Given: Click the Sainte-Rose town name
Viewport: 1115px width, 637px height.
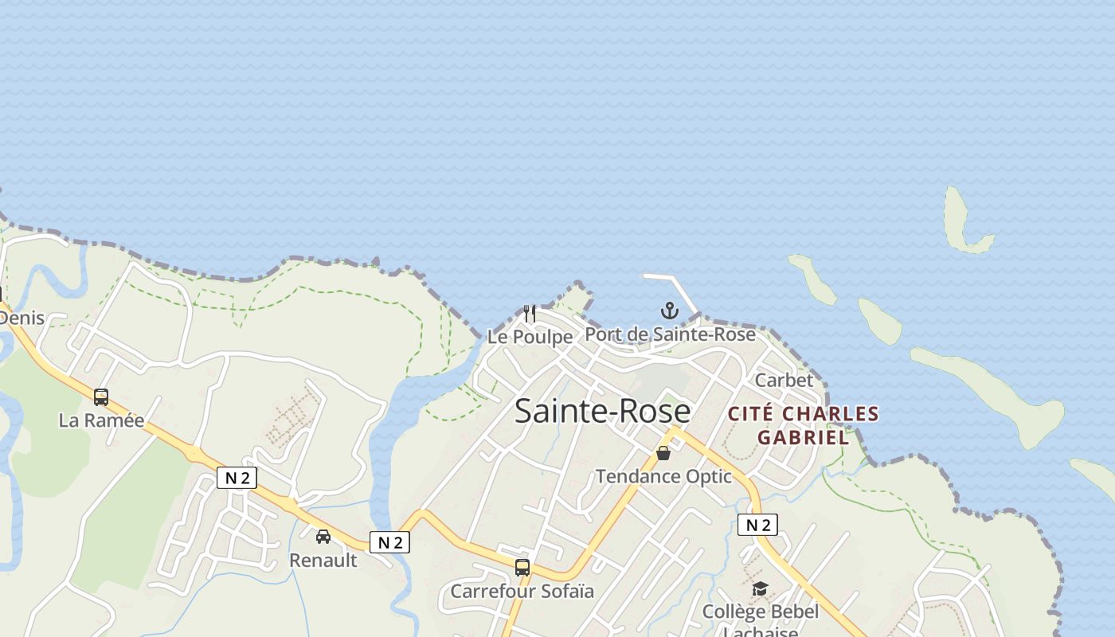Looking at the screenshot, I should tap(602, 411).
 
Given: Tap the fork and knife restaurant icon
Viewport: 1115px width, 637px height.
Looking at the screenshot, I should tap(530, 313).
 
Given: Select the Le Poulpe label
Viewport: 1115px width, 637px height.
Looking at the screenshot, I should tap(530, 337).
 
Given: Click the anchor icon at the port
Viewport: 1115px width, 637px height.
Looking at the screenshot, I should tap(669, 311).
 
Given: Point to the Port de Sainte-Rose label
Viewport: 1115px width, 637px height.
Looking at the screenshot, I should tap(670, 334).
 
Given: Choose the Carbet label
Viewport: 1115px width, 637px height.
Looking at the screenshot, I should tap(784, 380).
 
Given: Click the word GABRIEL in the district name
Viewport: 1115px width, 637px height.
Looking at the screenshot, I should tap(803, 437).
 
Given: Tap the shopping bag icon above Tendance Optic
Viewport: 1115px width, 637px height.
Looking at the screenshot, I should tap(663, 453).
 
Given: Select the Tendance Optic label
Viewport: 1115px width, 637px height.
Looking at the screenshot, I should tap(663, 476).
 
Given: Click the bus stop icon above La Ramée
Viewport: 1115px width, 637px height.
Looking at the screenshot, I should tap(101, 397).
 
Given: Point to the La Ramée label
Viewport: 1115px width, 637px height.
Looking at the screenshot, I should tap(101, 420).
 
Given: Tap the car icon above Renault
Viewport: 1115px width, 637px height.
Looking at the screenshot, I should tap(323, 537).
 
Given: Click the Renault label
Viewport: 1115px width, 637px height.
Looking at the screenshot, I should tap(323, 560).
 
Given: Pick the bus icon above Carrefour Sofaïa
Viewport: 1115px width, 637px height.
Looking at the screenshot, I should tap(522, 568).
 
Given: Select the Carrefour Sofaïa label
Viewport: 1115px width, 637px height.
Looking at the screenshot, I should tap(522, 592).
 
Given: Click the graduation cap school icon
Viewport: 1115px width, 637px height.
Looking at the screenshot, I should tap(760, 589).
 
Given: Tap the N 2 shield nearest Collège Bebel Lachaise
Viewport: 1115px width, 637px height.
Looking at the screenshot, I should tap(757, 525).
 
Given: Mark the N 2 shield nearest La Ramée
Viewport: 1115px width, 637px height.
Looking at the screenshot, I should tap(237, 478).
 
